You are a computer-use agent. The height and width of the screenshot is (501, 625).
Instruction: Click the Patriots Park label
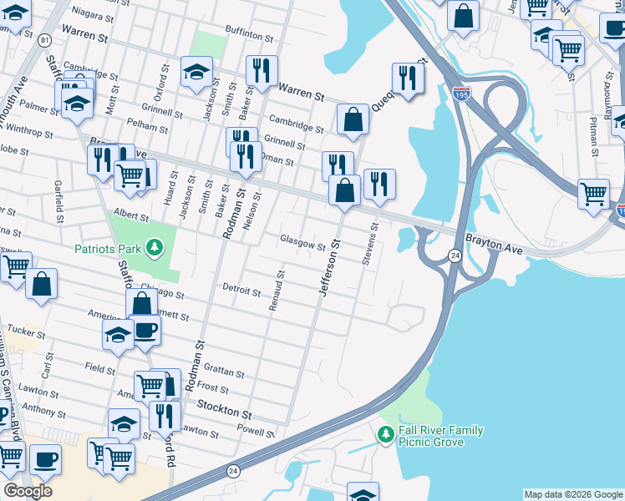click(x=109, y=248)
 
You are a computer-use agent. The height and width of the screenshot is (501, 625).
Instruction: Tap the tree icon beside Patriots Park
click(x=155, y=247)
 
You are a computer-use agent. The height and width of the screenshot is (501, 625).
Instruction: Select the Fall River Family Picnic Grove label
click(x=440, y=435)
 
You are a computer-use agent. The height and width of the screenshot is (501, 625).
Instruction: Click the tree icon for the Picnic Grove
click(x=385, y=435)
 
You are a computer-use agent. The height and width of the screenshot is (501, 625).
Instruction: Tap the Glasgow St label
click(x=302, y=244)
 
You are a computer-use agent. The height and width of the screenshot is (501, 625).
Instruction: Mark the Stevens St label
click(x=368, y=244)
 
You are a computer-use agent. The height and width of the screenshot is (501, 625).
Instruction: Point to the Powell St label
click(x=257, y=433)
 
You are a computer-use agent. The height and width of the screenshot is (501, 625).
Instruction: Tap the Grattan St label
click(x=222, y=373)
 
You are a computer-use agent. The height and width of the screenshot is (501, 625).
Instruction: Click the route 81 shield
click(x=44, y=40)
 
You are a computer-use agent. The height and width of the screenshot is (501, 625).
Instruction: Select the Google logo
click(x=28, y=490)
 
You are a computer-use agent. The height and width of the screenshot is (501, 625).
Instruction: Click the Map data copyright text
click(x=572, y=494)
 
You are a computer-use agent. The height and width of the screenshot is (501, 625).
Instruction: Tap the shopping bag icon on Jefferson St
click(x=344, y=191)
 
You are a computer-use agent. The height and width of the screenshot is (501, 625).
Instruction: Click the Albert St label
click(x=131, y=215)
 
